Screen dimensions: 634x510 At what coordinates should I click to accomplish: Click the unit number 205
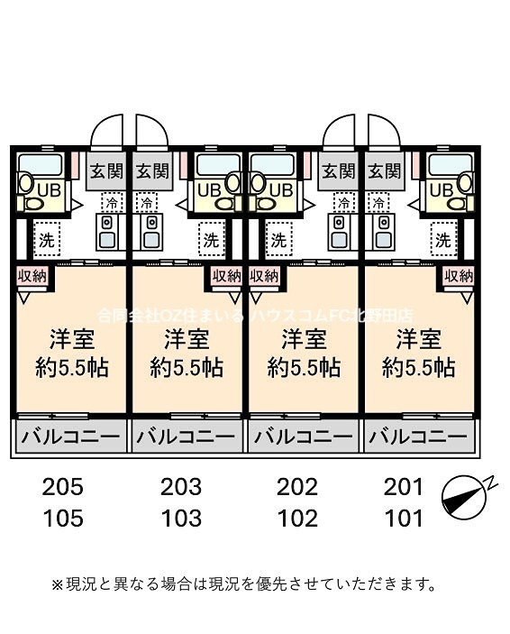point(62,488)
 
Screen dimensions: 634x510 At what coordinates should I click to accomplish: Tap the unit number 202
point(297,488)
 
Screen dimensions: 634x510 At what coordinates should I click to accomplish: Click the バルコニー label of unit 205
point(69,438)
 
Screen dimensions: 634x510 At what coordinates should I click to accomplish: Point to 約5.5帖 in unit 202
point(304,367)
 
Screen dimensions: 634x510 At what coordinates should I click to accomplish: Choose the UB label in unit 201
point(441,189)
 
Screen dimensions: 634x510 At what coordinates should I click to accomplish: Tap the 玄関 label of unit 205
point(106,170)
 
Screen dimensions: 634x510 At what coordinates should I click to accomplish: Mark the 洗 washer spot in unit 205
point(45,240)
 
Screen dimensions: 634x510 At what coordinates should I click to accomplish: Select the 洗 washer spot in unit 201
point(442,240)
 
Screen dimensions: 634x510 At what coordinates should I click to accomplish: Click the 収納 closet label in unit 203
point(226,276)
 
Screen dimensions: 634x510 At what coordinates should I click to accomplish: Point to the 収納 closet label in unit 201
point(460,276)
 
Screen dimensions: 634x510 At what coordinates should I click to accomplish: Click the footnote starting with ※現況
point(243,583)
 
